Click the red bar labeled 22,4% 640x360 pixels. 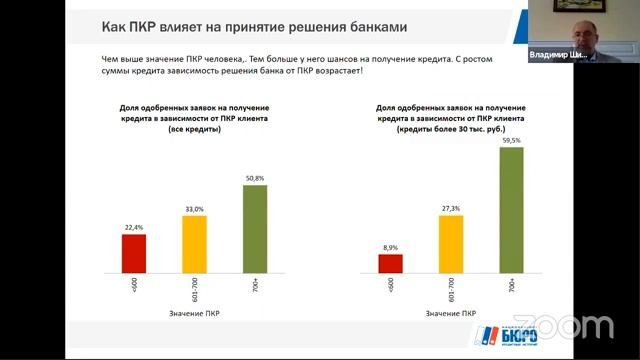(134, 253)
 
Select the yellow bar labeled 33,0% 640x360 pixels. (194, 243)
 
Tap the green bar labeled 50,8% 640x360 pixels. (256, 228)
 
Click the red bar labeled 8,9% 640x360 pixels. (391, 263)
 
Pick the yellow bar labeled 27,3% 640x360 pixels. (451, 248)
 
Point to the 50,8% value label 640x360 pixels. (256, 178)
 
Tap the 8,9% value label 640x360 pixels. (391, 247)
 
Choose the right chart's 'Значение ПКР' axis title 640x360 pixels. (452, 314)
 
